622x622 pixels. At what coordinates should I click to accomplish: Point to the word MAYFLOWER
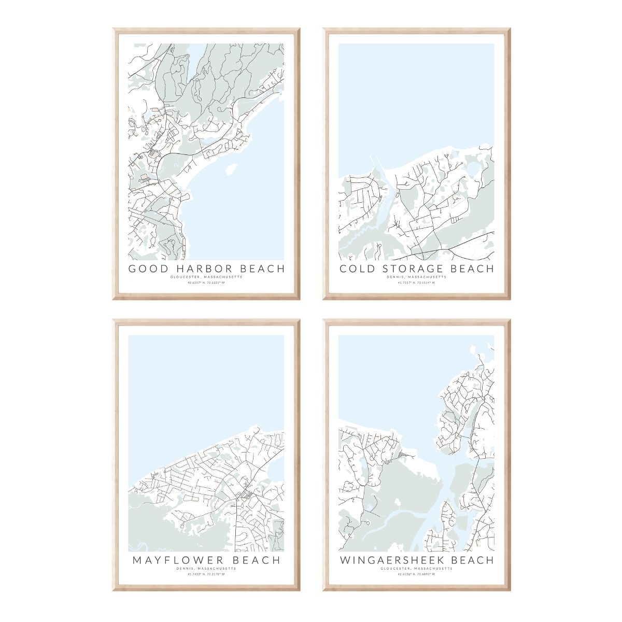[178, 560]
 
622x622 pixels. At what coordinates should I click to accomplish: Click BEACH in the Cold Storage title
[472, 268]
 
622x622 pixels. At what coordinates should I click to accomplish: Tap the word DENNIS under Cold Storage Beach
[395, 277]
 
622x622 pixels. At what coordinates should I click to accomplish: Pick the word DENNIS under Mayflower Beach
[185, 569]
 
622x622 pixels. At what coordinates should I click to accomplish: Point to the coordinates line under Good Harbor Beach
[206, 283]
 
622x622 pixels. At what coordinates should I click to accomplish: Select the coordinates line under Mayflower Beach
[206, 574]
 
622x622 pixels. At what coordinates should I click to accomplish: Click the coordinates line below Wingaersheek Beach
[416, 574]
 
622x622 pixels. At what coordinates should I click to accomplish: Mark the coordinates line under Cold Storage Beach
[416, 283]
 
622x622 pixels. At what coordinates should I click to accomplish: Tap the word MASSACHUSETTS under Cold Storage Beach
[427, 277]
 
